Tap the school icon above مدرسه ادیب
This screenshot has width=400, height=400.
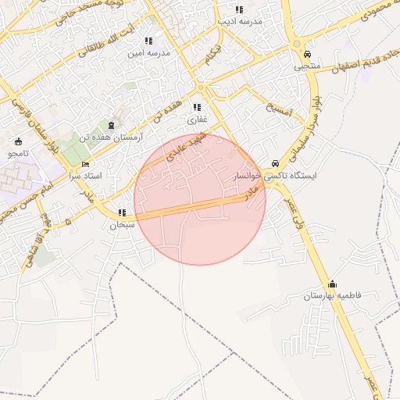[x=239, y=9]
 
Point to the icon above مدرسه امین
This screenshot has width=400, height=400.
[x=148, y=41]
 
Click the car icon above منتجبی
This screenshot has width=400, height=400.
[x=307, y=55]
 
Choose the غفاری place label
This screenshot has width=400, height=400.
[x=197, y=120]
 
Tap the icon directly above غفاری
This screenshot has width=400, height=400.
[x=197, y=108]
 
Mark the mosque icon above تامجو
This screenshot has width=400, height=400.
[x=19, y=142]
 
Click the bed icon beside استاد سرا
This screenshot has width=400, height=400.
[x=85, y=165]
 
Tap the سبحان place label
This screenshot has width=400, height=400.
[x=122, y=224]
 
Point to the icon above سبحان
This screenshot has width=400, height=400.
[x=122, y=212]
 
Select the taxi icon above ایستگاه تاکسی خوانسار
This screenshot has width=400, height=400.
[x=275, y=164]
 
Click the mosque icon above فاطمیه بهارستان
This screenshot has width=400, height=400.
[x=333, y=284]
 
